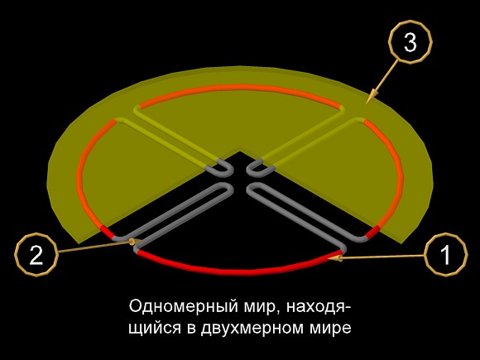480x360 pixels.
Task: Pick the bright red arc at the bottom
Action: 240,271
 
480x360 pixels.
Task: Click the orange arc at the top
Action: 240,87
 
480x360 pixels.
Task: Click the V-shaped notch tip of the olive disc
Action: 240,151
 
